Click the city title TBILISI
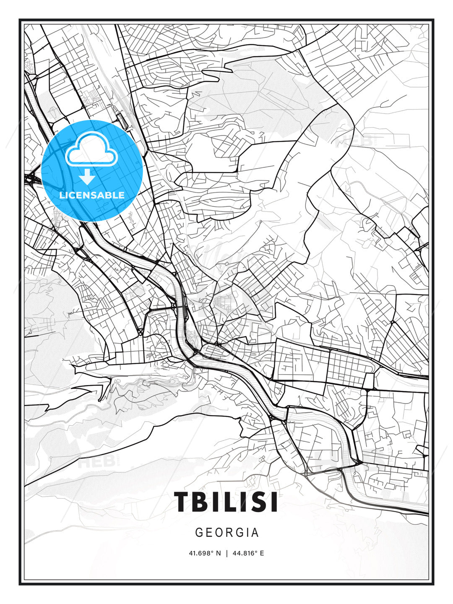coord(226,502)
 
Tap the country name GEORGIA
coord(227,533)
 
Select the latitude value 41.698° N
coord(205,553)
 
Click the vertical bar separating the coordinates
coord(227,553)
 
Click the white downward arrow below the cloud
coord(87,177)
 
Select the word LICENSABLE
coord(92,195)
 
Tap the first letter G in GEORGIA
coord(199,533)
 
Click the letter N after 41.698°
coord(218,553)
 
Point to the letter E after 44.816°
coord(262,553)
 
